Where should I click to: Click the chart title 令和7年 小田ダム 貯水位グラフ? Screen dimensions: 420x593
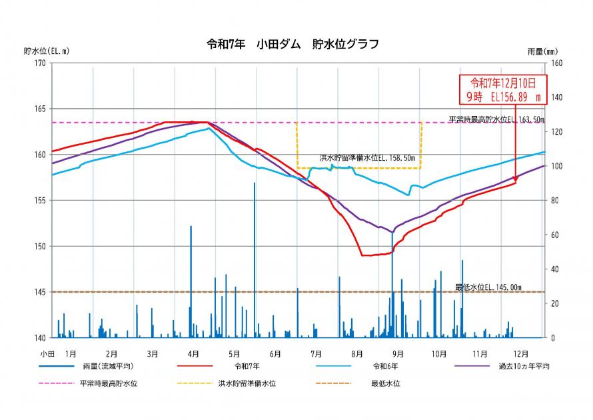pos(293,45)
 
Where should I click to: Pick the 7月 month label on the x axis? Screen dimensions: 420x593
pos(316,353)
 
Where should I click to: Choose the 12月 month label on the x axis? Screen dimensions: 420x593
pos(521,353)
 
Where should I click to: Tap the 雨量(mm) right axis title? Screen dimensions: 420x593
pos(542,51)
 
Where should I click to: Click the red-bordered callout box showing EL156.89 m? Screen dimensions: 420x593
pos(504,89)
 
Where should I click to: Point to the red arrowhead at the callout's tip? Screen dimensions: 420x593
pos(516,179)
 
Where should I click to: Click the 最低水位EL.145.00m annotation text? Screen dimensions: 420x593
pos(488,287)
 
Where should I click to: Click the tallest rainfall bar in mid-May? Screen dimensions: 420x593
pos(255,260)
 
